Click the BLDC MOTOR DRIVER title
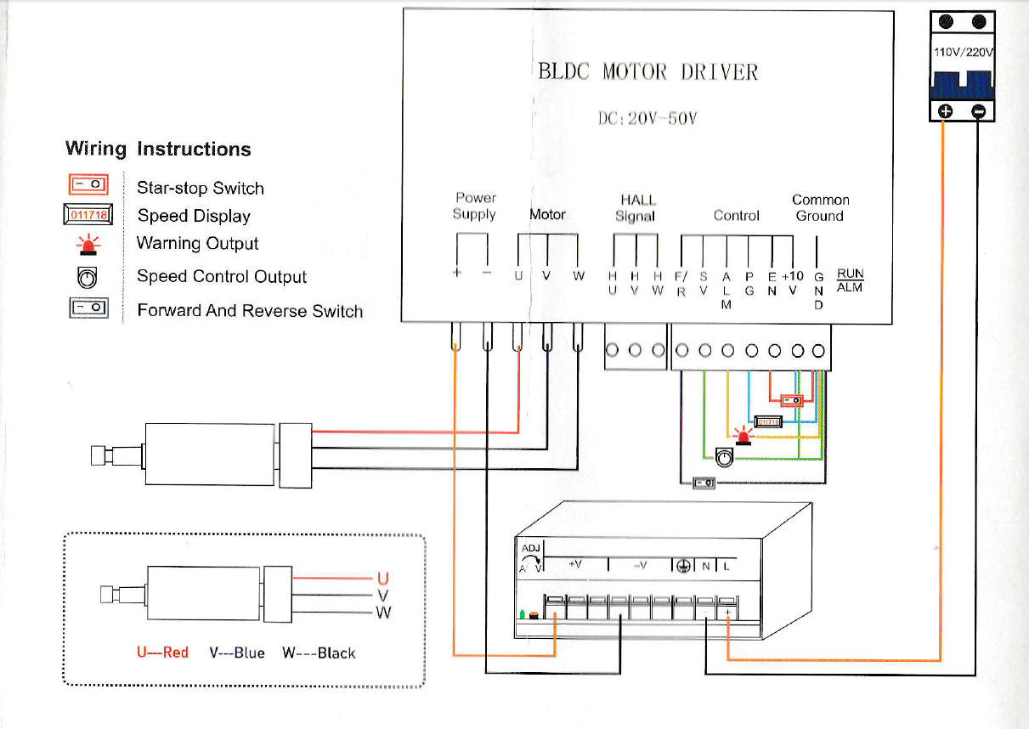tap(647, 71)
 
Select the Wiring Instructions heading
tap(158, 150)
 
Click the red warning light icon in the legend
tap(88, 245)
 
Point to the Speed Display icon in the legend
tap(88, 216)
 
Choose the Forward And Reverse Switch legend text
tap(250, 311)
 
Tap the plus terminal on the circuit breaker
tap(945, 111)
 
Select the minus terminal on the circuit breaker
tap(979, 111)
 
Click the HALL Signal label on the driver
tap(637, 208)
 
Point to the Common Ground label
tap(820, 208)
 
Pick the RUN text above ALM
tap(850, 274)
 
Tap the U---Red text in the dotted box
tap(162, 653)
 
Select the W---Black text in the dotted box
tap(319, 653)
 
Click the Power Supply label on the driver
tap(475, 206)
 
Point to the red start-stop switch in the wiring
tap(791, 400)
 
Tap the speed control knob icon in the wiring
tap(723, 458)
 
